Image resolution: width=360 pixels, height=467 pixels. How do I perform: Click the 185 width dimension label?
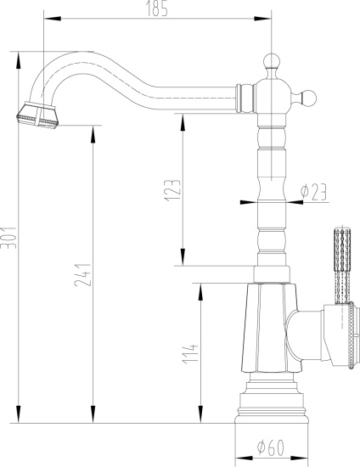[157, 9]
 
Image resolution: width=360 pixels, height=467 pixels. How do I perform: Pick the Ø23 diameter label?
[313, 193]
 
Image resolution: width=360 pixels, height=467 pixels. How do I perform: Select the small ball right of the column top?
[312, 96]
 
